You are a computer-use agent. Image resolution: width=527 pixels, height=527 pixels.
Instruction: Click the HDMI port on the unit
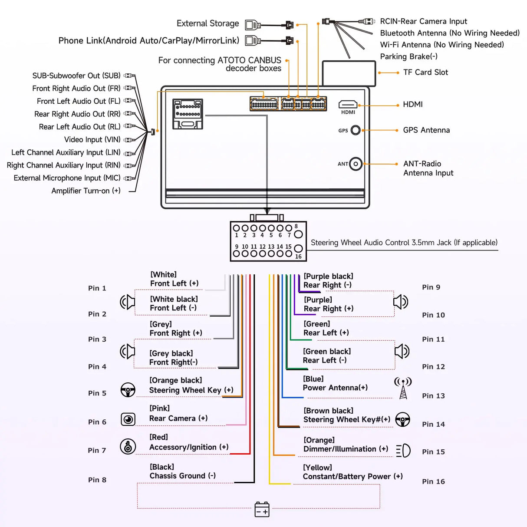coord(348,105)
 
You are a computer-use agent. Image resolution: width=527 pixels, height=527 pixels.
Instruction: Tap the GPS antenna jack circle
coord(356,130)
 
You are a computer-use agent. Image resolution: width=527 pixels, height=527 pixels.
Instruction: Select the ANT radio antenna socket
coord(356,164)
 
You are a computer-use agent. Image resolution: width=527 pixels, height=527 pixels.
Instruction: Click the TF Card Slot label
coord(425,72)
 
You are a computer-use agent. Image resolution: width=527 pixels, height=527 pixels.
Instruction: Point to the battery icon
coord(262,509)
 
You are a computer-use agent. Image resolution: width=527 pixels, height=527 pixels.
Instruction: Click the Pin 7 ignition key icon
coord(128,446)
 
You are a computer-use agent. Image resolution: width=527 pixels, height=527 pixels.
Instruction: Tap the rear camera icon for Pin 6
coord(128,419)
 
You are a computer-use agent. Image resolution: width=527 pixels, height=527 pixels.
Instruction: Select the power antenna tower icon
coord(403,388)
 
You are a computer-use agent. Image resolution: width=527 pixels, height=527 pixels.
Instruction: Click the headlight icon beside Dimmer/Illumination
coord(403,450)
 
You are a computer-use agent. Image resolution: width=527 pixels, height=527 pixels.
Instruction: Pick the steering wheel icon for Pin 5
coord(128,390)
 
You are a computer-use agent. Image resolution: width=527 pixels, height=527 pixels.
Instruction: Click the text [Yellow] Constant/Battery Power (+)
coord(352,472)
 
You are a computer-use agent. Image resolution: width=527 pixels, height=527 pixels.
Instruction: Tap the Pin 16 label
coord(433,481)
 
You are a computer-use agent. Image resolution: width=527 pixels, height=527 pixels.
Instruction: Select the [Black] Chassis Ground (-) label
coord(182,471)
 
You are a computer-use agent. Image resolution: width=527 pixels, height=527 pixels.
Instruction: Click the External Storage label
coord(208,23)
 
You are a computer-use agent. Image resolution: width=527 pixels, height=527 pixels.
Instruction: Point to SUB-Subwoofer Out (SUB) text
coord(76,76)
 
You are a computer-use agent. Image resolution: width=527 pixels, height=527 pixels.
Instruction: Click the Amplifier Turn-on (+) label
coord(86,191)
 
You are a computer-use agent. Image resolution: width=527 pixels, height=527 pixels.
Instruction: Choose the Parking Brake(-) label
coord(408,56)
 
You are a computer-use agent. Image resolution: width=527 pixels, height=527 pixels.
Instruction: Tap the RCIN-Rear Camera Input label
coord(423,21)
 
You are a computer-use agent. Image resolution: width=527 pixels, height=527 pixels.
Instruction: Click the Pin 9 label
coord(431,287)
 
